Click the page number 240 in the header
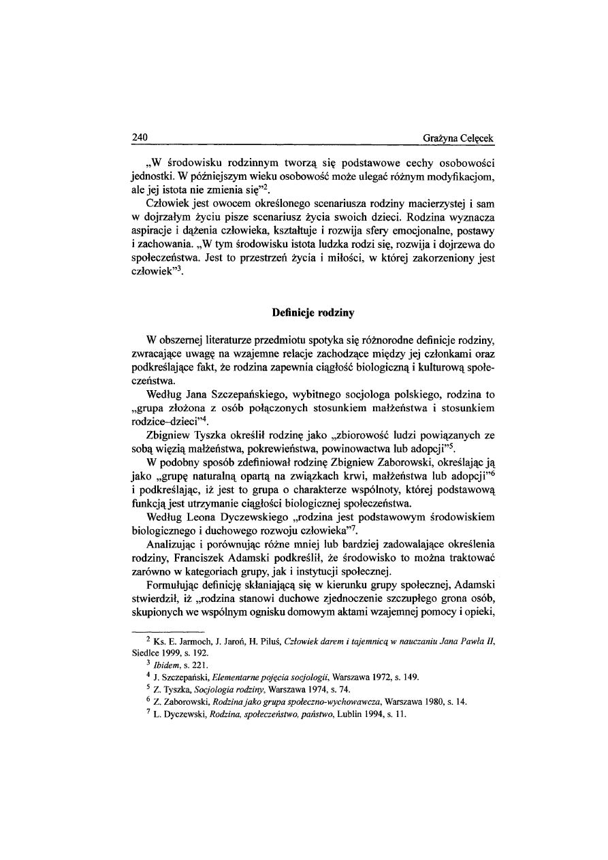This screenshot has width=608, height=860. [140, 139]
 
